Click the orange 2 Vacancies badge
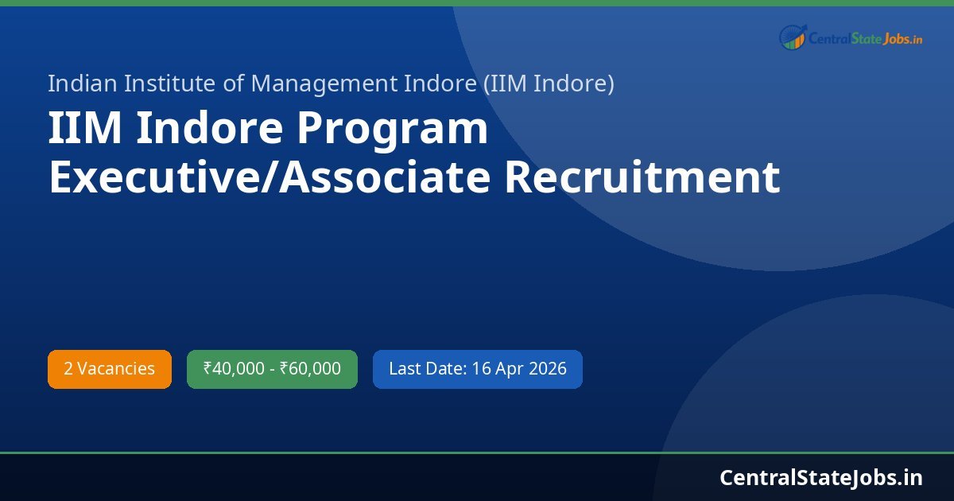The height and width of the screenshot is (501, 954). [110, 369]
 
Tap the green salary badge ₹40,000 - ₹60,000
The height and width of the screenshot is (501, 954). [272, 369]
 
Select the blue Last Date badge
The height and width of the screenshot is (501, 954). [477, 369]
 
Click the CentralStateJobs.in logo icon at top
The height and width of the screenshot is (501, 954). [793, 37]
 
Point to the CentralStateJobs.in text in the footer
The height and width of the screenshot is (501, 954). [821, 477]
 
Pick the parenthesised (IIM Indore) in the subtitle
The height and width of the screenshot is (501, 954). [549, 83]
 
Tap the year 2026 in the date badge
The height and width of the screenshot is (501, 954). [547, 369]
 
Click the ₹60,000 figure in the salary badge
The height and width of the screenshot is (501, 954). [310, 369]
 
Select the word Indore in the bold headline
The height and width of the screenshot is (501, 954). [209, 130]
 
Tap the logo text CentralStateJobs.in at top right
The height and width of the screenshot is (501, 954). [865, 37]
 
